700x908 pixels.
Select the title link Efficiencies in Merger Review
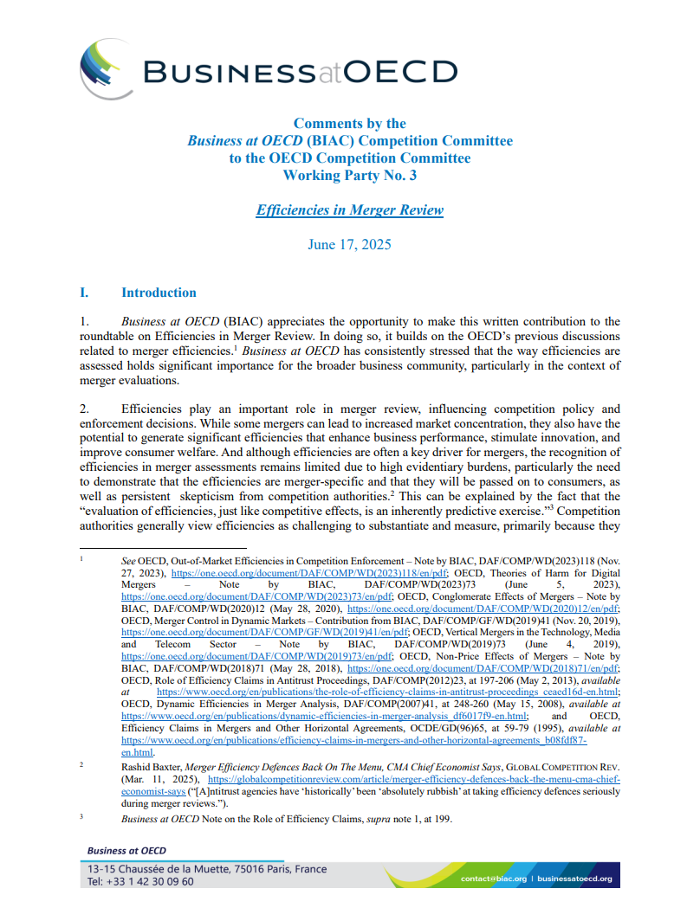(x=349, y=209)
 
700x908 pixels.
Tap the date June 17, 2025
(x=349, y=244)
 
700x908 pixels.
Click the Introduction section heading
(x=159, y=293)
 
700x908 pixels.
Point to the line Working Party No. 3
(x=349, y=175)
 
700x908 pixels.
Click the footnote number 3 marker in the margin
(x=81, y=815)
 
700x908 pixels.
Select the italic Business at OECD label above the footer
(x=126, y=851)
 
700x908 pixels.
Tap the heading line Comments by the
(x=349, y=123)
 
